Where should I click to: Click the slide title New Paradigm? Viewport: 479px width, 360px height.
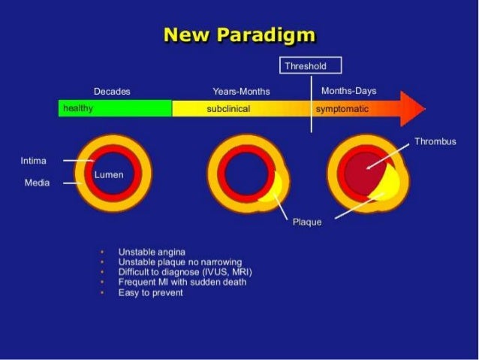[x=239, y=35]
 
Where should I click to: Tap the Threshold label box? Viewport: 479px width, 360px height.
[x=311, y=66]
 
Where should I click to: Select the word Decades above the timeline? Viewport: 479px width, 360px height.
[x=112, y=91]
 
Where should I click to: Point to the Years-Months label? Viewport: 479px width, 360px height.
[x=241, y=92]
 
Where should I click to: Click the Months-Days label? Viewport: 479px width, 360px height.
[x=348, y=91]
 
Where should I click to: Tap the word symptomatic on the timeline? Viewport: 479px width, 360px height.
[x=342, y=109]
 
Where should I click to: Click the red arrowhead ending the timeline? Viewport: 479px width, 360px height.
[x=411, y=108]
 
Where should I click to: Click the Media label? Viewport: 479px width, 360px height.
[x=37, y=183]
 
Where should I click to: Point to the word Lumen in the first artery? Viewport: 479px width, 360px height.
[x=109, y=174]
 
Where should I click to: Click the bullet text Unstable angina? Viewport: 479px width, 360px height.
[x=152, y=251]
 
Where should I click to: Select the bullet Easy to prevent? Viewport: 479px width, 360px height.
[x=150, y=292]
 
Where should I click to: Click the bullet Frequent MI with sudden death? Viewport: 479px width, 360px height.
[x=182, y=282]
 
